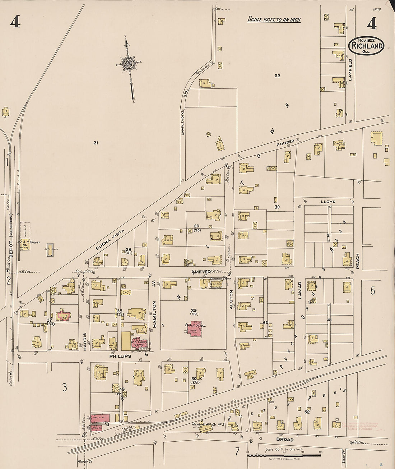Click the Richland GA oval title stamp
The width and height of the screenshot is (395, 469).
pyautogui.click(x=366, y=46)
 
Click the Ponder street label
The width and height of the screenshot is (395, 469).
pyautogui.click(x=285, y=143)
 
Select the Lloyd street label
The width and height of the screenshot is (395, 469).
pyautogui.click(x=327, y=202)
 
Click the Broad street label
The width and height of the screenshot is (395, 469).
pyautogui.click(x=284, y=440)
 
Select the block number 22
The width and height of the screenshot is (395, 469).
pyautogui.click(x=277, y=75)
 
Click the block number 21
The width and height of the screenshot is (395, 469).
pyautogui.click(x=95, y=143)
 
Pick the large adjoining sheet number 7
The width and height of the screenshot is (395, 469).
pyautogui.click(x=237, y=451)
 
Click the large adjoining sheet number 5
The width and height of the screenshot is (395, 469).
pyautogui.click(x=372, y=291)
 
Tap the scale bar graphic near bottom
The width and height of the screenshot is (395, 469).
pyautogui.click(x=284, y=455)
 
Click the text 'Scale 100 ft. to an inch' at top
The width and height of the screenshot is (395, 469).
pyautogui.click(x=274, y=19)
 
